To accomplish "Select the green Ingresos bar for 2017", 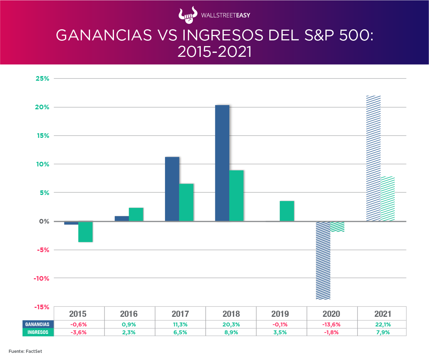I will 186,202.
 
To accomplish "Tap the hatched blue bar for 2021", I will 373,159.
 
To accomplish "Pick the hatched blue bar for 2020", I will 323,260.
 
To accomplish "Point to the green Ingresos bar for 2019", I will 287,211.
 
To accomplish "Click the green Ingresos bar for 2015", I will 85,232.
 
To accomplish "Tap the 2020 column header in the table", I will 331,314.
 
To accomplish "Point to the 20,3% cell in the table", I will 231,325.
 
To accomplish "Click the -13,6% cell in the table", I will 331,325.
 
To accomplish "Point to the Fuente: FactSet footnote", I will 26,351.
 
